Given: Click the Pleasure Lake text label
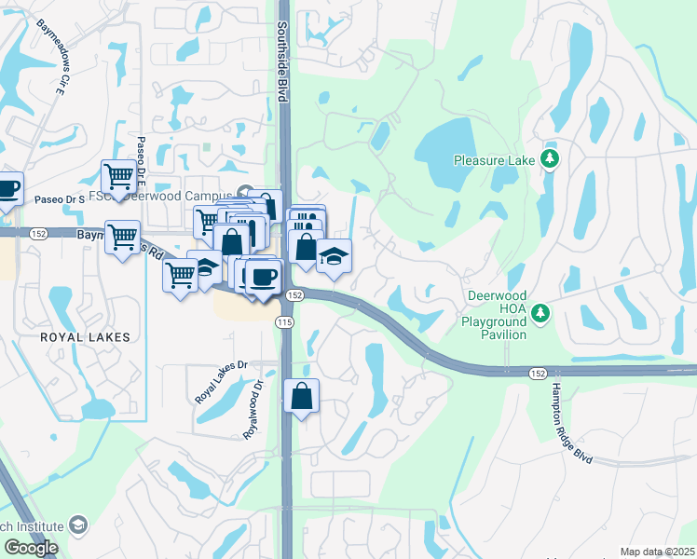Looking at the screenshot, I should [494, 160].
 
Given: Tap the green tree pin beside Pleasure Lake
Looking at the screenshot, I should [551, 159].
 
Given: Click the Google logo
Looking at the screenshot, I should [30, 548].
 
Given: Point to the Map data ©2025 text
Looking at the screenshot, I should [658, 552].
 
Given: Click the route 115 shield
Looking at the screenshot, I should [284, 321].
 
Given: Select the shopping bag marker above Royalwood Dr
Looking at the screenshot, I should [302, 397].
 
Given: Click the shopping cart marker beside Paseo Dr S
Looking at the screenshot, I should [119, 175].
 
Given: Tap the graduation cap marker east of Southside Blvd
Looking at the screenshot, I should [334, 255].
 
